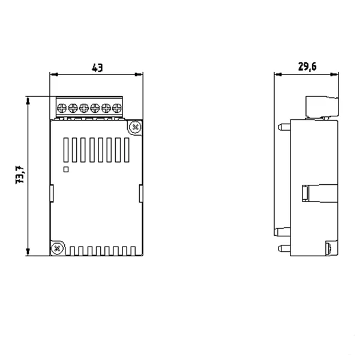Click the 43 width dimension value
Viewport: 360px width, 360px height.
click(97, 68)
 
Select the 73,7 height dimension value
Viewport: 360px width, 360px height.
click(20, 175)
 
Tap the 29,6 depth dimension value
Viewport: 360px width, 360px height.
click(307, 67)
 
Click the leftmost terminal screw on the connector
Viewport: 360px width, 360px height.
click(62, 108)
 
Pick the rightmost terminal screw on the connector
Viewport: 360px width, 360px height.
click(117, 108)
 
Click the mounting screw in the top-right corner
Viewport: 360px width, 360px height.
click(135, 127)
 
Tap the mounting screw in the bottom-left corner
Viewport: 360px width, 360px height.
click(57, 248)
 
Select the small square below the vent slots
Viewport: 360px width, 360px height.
click(66, 169)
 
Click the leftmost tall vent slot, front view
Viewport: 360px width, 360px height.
click(66, 150)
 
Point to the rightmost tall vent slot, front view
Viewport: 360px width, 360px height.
click(127, 150)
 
